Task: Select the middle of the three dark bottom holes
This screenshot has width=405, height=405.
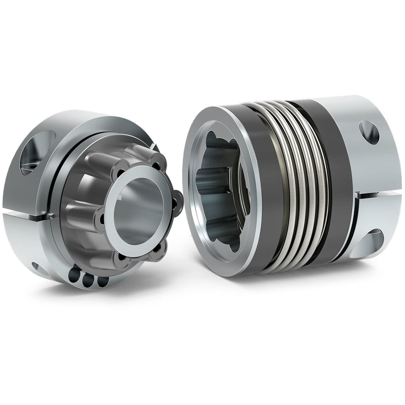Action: (87, 281)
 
